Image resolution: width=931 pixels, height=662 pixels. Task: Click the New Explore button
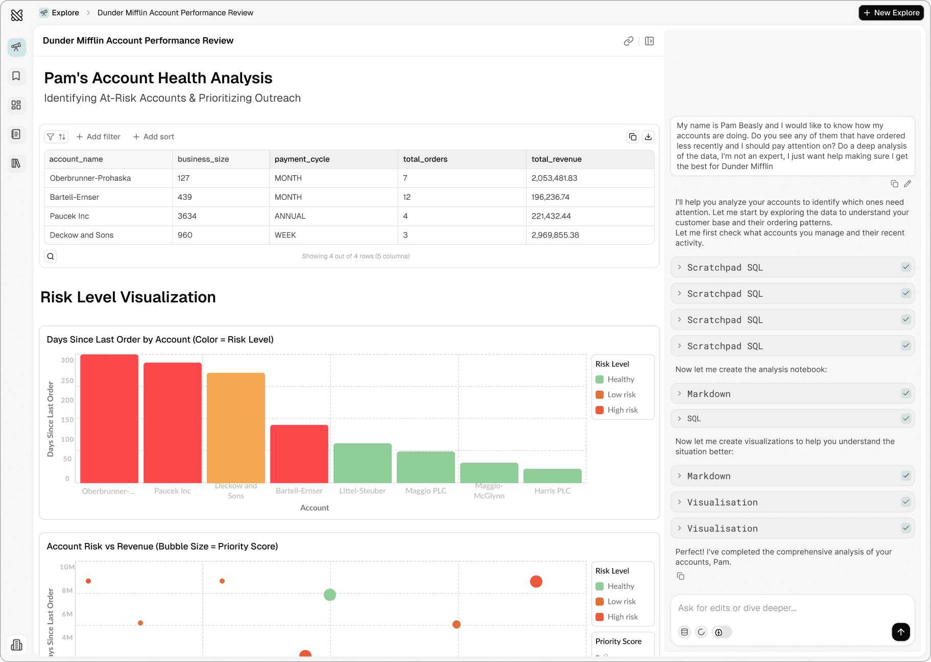[x=891, y=13]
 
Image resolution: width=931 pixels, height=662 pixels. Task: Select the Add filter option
[x=99, y=137]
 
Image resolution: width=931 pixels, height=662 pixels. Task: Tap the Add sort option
[x=154, y=137]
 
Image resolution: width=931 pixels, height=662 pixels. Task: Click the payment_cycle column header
[x=302, y=159]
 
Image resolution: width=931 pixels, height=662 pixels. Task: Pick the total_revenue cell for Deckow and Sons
[x=555, y=235]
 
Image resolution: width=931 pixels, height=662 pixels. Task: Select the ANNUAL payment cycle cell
[x=290, y=216]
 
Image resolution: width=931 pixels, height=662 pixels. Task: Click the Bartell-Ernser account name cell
[x=75, y=197]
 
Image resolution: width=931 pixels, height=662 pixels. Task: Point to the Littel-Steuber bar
[x=363, y=463]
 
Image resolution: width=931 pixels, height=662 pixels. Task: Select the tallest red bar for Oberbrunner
[x=109, y=418]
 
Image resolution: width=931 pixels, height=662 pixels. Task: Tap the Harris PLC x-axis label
[x=552, y=491]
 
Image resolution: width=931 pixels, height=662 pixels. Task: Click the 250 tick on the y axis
[x=67, y=381]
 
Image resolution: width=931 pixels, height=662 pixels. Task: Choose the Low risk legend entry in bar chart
[x=621, y=395]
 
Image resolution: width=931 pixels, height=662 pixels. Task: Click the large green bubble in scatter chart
[x=330, y=595]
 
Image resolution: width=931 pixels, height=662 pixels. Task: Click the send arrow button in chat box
[x=901, y=632]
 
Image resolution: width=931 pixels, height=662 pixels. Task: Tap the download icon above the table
[x=648, y=137]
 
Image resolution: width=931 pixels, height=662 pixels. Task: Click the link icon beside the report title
[x=629, y=41]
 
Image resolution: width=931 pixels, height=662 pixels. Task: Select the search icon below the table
[x=51, y=256]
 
